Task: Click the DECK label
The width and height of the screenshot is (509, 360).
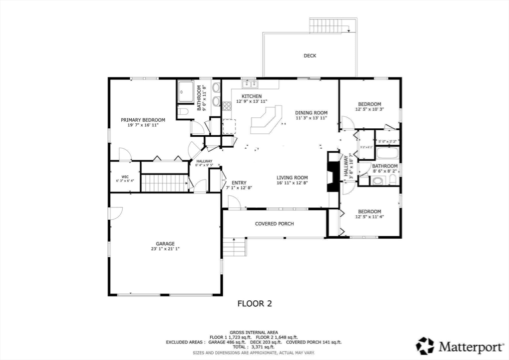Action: click(310, 56)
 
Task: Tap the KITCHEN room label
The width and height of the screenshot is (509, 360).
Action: click(252, 96)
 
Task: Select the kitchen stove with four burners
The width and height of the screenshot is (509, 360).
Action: click(227, 105)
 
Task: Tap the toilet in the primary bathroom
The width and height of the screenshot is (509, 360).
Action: click(183, 111)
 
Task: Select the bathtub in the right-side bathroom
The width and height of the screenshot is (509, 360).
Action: click(387, 153)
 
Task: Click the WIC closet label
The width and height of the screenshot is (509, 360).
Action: click(125, 177)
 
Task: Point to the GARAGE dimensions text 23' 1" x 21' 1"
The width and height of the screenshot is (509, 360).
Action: click(166, 249)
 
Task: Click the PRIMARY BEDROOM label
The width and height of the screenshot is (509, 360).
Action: click(143, 120)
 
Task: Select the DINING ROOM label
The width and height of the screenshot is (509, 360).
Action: click(311, 112)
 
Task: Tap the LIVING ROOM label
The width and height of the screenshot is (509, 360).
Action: click(292, 178)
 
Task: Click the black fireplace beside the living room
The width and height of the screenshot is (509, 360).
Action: click(332, 172)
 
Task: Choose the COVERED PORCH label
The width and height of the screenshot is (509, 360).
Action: click(274, 224)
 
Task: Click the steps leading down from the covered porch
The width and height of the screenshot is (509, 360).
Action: click(234, 247)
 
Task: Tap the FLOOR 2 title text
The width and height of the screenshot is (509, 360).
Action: click(254, 303)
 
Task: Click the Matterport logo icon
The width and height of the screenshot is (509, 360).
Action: click(425, 346)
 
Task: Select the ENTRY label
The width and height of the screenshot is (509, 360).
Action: click(239, 182)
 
